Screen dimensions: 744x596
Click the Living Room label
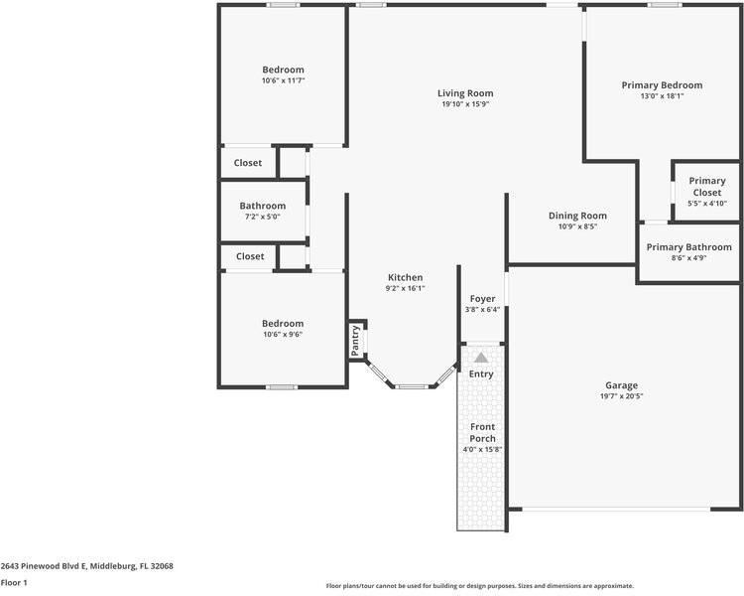pyautogui.click(x=465, y=93)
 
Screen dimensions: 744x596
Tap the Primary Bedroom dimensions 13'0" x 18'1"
pyautogui.click(x=662, y=96)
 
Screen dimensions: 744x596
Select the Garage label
pyautogui.click(x=621, y=385)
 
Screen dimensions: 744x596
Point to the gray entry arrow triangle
pyautogui.click(x=481, y=358)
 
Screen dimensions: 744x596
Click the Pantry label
pyautogui.click(x=355, y=341)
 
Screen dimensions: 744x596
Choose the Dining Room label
pyautogui.click(x=577, y=216)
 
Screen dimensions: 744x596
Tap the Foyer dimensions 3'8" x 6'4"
pyautogui.click(x=482, y=310)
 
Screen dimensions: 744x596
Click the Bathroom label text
pyautogui.click(x=263, y=206)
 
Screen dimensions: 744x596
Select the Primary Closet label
pyautogui.click(x=707, y=187)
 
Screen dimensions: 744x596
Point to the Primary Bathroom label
pyautogui.click(x=689, y=247)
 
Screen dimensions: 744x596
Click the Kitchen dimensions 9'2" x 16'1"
pyautogui.click(x=405, y=288)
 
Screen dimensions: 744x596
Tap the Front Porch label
pyautogui.click(x=482, y=432)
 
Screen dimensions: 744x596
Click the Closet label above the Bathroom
pyautogui.click(x=248, y=163)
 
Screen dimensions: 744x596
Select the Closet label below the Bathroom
pyautogui.click(x=250, y=256)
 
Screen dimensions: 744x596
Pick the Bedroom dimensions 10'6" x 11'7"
pyautogui.click(x=284, y=80)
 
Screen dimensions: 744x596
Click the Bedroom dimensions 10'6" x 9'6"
pyautogui.click(x=283, y=334)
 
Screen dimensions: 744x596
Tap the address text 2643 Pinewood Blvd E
pyautogui.click(x=44, y=566)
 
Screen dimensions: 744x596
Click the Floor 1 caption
pyautogui.click(x=14, y=583)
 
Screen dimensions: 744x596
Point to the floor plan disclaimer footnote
pyautogui.click(x=480, y=586)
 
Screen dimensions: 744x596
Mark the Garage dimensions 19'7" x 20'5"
pyautogui.click(x=622, y=396)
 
